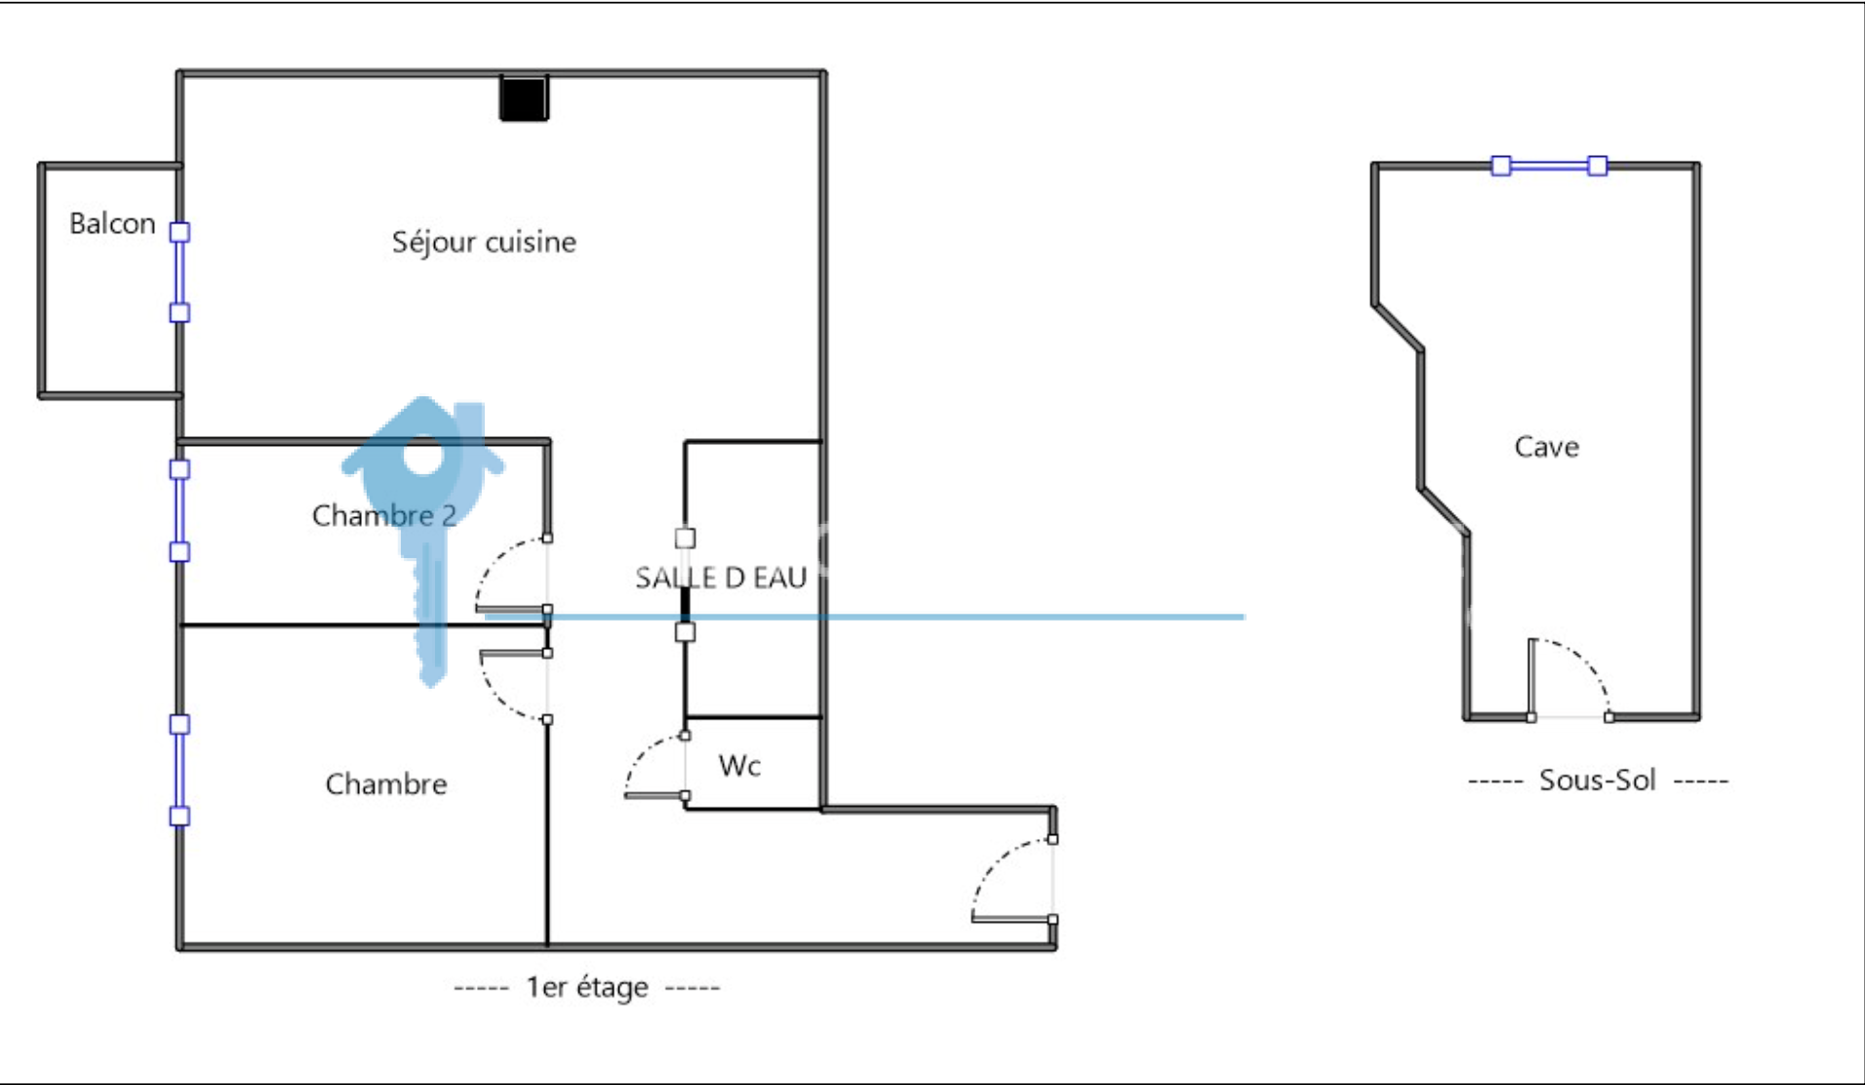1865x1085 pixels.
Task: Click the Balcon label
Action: tap(112, 223)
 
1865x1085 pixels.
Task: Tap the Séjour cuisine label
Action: tap(484, 242)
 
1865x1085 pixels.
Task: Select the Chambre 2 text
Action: tap(384, 515)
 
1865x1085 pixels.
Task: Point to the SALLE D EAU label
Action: tap(721, 578)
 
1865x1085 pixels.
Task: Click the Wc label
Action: tap(739, 766)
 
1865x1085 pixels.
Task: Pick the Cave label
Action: tap(1546, 447)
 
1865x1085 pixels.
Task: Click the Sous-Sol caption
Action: tap(1598, 781)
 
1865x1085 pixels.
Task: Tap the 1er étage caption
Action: tap(587, 987)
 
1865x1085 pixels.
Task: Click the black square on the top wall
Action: tap(524, 99)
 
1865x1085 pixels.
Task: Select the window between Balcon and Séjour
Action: tap(179, 272)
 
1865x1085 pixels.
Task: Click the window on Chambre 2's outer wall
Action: tap(179, 510)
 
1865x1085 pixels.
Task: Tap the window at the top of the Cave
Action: tap(1549, 166)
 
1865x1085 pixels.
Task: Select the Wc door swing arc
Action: tap(639, 756)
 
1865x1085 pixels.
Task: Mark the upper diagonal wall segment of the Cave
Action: tap(1398, 327)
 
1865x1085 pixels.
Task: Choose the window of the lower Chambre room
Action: tap(179, 770)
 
